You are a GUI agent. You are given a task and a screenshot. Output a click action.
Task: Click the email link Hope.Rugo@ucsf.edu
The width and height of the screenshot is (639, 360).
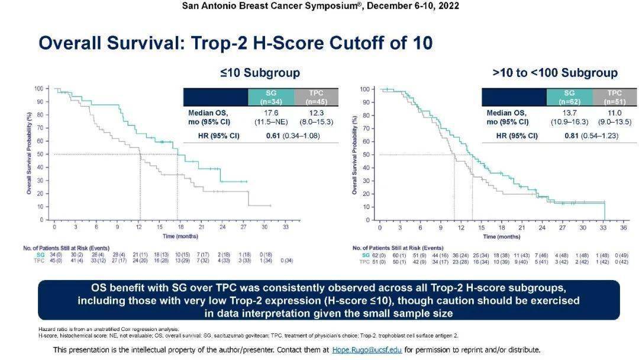(x=367, y=350)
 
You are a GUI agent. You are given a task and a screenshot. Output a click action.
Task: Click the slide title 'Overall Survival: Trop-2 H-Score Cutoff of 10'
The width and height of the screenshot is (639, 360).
(x=235, y=43)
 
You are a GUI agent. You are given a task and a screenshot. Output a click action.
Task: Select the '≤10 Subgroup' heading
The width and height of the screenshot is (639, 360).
(x=260, y=73)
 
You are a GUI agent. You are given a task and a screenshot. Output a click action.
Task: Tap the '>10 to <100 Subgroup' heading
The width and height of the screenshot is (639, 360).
(x=554, y=73)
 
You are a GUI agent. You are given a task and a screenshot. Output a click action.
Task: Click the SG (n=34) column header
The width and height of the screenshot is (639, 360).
(x=271, y=96)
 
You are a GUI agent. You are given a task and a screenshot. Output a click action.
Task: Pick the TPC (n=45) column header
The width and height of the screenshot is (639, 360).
(x=315, y=96)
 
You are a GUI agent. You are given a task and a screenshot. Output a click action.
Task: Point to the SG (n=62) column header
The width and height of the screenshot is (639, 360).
(x=569, y=97)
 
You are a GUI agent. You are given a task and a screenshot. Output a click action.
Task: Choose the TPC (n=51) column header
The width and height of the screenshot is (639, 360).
(x=615, y=97)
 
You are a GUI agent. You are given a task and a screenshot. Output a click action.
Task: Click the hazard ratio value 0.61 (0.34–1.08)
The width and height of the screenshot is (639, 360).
(x=293, y=136)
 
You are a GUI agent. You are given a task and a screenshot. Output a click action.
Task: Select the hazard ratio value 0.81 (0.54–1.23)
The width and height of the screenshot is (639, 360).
(x=592, y=136)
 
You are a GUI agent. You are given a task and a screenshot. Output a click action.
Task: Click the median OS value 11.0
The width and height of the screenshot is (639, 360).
(x=614, y=112)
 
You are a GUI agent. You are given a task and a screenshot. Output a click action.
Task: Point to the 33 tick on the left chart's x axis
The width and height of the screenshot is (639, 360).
(x=285, y=227)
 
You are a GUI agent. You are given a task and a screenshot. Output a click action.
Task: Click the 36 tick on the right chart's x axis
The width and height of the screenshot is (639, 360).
(x=624, y=227)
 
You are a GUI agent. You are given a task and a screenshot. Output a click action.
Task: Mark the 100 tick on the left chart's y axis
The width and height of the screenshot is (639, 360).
(x=39, y=89)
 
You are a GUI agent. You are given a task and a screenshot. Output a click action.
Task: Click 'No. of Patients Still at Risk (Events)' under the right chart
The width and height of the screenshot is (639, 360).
(x=398, y=247)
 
